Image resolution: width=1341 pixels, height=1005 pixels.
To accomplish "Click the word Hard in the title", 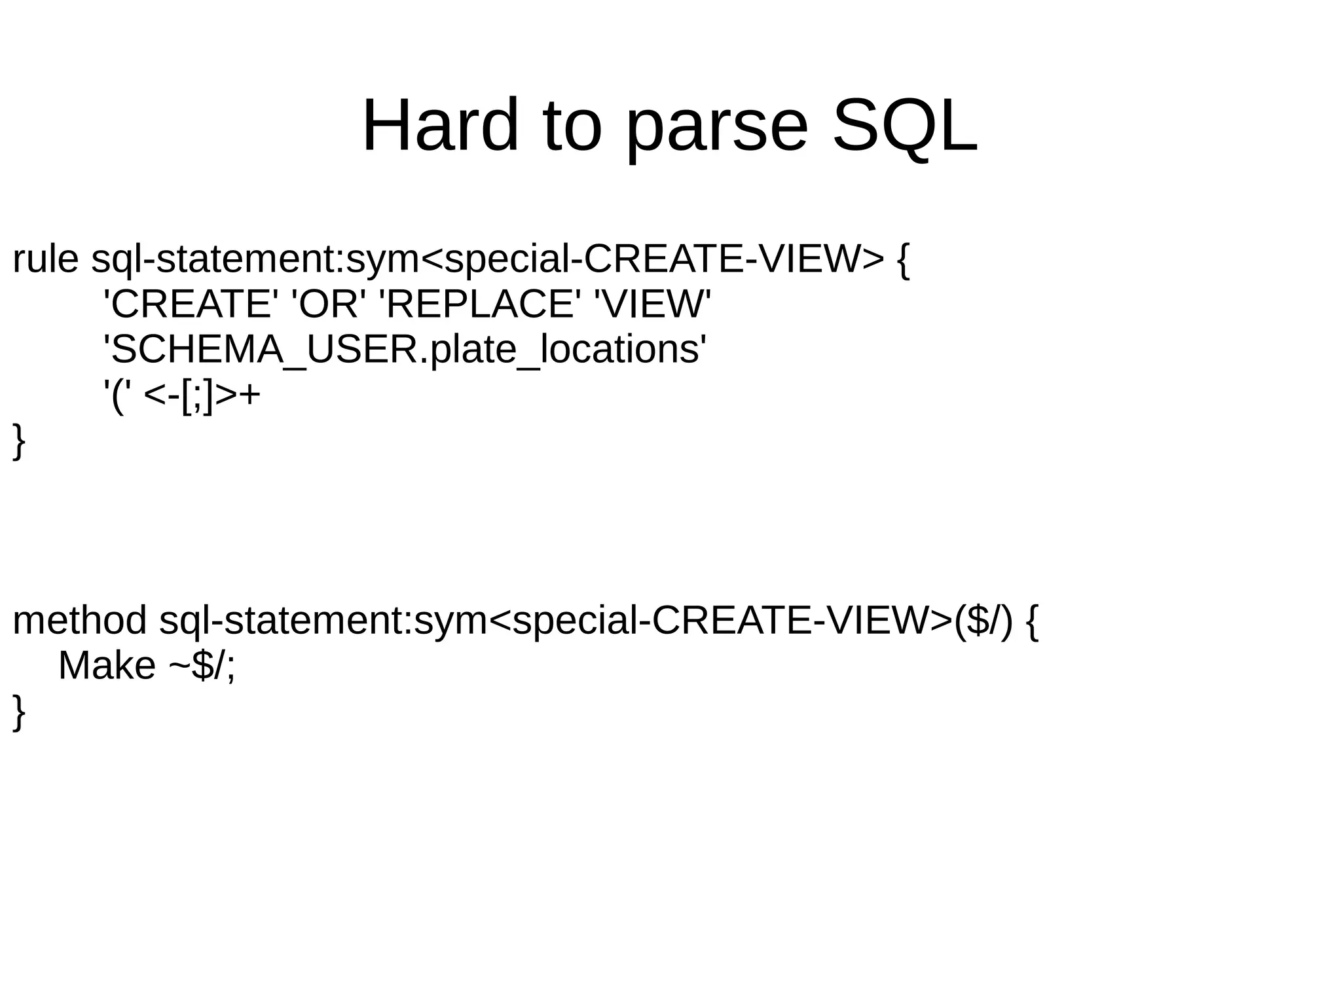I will pos(440,125).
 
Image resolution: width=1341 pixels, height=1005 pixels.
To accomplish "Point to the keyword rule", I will pos(45,259).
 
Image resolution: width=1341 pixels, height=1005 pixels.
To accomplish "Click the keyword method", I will pos(79,621).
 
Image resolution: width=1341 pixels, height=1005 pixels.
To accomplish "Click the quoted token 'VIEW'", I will pos(651,304).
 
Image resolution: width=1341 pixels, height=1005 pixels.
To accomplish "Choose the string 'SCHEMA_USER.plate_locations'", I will pos(405,350).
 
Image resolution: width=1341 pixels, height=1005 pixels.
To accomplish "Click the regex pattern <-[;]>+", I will pos(201,395).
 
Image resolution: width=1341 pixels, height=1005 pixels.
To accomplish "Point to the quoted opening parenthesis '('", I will pos(117,395).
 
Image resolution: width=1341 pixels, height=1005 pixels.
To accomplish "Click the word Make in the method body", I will pos(107,666).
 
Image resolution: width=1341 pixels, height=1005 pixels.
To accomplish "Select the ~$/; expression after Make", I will pos(202,666).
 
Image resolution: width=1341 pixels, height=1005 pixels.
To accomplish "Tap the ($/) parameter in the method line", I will pos(983,621).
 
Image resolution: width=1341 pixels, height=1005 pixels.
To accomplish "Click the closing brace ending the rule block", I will pos(19,441).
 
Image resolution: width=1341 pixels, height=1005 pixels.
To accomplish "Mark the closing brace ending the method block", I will pos(19,712).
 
